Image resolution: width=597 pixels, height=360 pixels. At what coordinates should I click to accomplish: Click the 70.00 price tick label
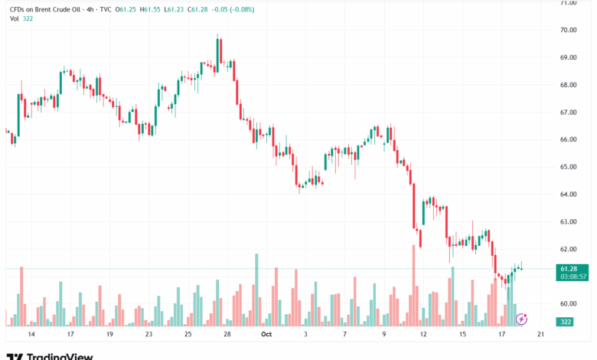click(x=567, y=31)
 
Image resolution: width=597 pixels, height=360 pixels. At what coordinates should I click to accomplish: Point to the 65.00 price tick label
click(x=567, y=167)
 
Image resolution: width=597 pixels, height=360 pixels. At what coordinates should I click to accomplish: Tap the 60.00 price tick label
click(x=567, y=304)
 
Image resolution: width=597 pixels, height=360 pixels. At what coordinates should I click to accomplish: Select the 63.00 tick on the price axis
click(x=567, y=222)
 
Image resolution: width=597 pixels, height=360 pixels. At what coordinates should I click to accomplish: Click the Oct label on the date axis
click(x=266, y=335)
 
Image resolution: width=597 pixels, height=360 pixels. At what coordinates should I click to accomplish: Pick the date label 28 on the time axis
click(x=227, y=335)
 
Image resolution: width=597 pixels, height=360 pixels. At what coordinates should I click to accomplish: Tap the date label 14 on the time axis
click(x=31, y=335)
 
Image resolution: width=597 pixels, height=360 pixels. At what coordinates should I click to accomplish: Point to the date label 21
click(x=541, y=335)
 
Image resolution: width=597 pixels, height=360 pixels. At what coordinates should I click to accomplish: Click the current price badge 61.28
click(x=568, y=269)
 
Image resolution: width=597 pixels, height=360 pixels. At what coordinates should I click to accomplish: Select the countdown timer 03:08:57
click(x=573, y=277)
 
